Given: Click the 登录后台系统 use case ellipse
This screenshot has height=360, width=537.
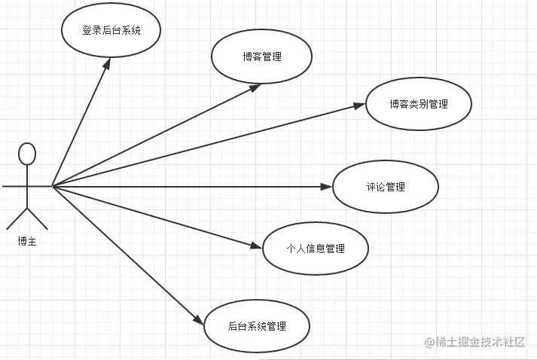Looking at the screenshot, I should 112,32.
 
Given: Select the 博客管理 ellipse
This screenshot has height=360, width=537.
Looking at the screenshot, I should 262,57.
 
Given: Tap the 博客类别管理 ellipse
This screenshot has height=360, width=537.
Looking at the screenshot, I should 419,104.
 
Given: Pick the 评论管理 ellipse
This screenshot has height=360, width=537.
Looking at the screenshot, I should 385,186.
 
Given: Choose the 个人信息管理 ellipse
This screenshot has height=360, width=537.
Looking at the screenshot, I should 316,248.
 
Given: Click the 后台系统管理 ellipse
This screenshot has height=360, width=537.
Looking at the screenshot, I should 256,326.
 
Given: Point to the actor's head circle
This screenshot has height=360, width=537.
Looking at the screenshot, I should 27,153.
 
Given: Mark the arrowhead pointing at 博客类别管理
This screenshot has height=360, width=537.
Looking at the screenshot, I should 360,106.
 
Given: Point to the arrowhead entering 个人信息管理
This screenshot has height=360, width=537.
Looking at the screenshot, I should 258,245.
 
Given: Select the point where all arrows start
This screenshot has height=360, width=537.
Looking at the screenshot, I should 52,185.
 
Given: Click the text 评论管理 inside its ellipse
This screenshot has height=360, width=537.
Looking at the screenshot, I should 385,186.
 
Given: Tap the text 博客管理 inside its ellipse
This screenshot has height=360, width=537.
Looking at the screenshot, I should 262,57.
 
